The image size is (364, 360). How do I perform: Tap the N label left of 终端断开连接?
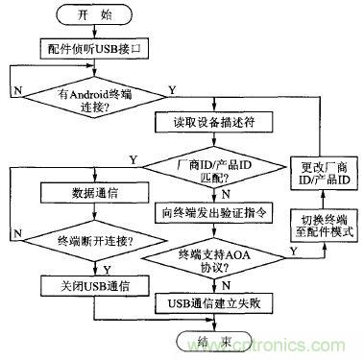16,231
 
